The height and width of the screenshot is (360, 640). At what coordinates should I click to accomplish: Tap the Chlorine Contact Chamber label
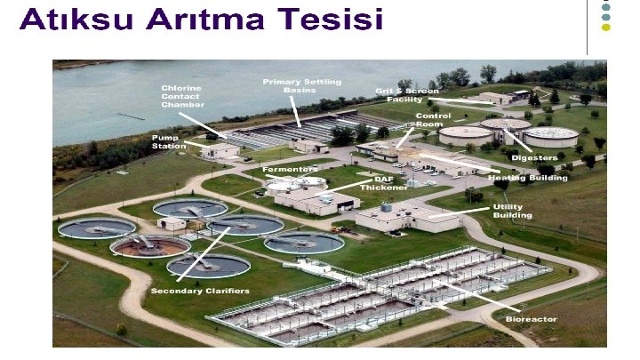tap(182, 96)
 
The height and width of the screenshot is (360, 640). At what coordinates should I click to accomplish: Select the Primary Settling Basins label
tap(301, 85)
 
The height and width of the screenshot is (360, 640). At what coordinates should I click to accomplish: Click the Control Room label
tap(433, 120)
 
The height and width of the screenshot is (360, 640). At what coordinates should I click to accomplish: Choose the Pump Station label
tap(169, 141)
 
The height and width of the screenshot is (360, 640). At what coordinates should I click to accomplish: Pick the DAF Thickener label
tap(390, 183)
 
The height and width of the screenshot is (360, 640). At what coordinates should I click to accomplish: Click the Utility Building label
tap(513, 211)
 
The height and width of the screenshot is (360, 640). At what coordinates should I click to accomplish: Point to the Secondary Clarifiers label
tap(200, 291)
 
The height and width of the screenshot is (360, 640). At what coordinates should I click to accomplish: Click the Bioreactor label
tap(531, 318)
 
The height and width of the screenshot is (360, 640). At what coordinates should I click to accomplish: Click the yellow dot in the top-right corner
tap(606, 28)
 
